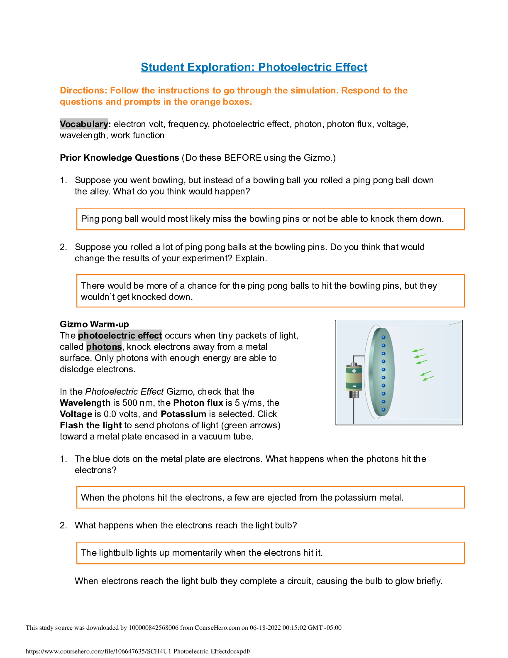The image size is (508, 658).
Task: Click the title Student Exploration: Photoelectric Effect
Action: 254,67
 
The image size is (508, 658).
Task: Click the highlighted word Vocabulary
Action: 84,124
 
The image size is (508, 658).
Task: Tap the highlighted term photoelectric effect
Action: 120,336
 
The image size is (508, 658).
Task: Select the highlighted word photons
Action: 104,347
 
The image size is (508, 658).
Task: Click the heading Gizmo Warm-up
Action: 94,324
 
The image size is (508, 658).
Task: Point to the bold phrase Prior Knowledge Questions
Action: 120,158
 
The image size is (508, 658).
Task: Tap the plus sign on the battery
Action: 354,371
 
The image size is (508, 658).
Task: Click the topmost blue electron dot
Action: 383,337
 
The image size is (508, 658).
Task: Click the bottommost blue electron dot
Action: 383,410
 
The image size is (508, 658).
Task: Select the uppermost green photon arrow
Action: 418,350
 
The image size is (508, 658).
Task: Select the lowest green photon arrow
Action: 428,378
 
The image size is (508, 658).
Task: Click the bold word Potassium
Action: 183,414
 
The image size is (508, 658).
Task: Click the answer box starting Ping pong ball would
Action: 270,219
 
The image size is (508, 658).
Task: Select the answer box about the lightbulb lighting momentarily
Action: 270,553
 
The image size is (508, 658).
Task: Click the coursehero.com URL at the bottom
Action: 138,651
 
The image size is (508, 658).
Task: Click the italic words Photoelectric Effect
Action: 125,392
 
